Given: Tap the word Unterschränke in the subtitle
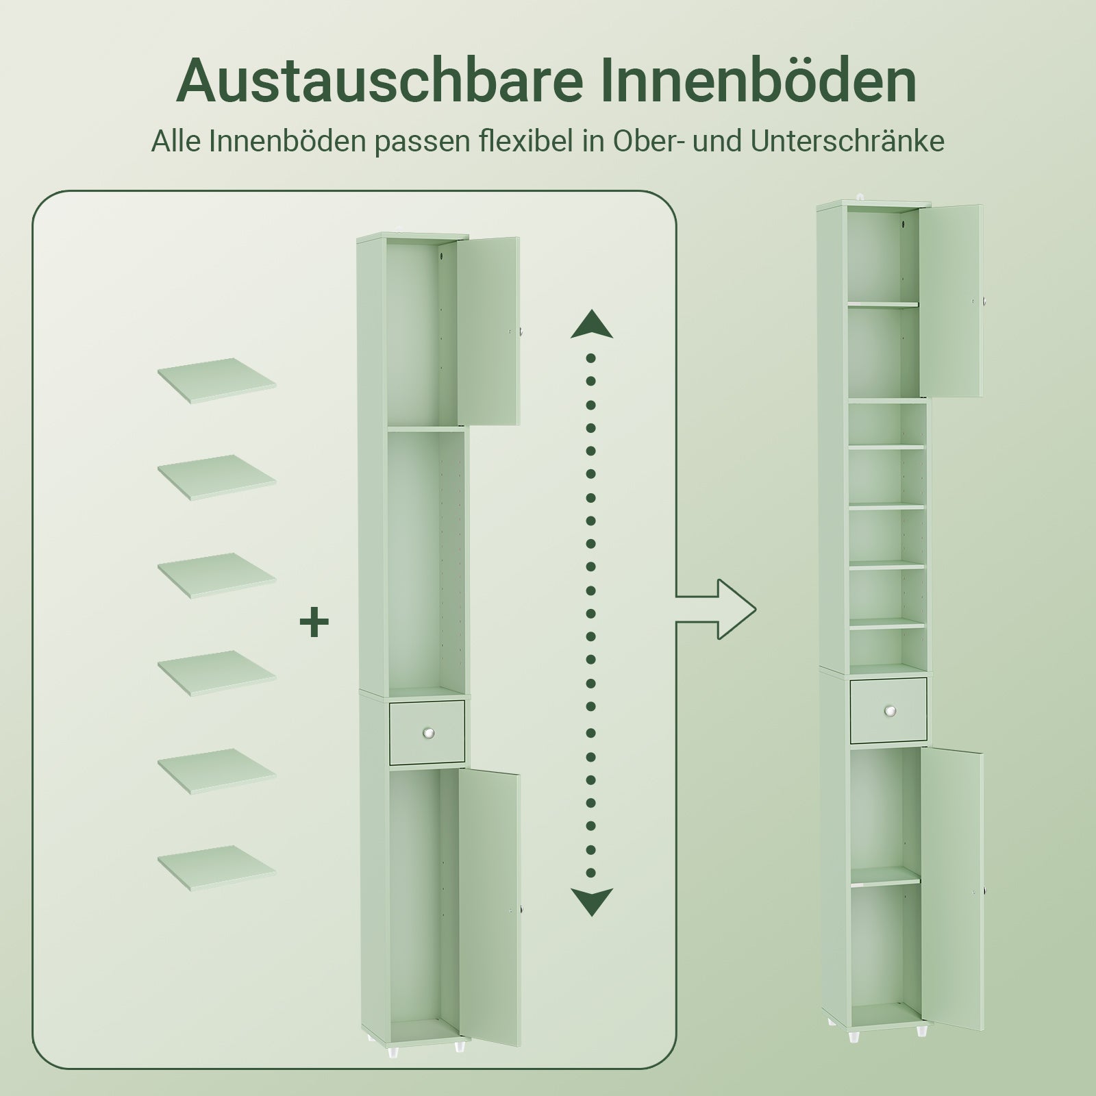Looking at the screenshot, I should pyautogui.click(x=847, y=141).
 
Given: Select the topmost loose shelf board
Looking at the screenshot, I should pyautogui.click(x=216, y=379).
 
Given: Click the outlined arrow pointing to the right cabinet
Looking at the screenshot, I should pyautogui.click(x=726, y=609).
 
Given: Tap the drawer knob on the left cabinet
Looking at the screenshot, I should pyautogui.click(x=428, y=733).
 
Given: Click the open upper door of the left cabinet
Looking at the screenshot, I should pyautogui.click(x=488, y=332).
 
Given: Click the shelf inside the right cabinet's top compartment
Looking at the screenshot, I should pyautogui.click(x=883, y=303).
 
